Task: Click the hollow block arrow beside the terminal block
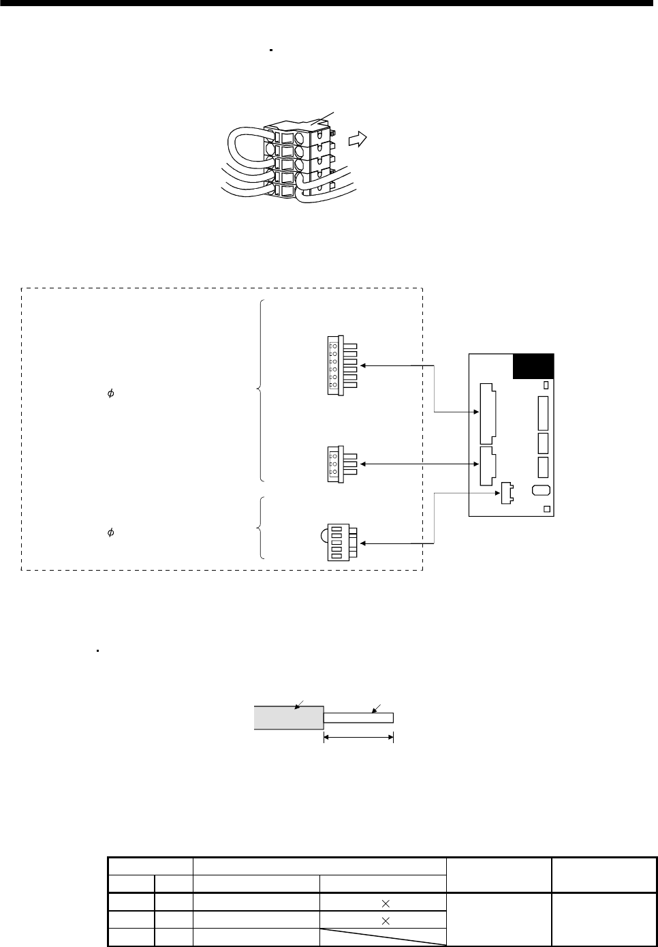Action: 356,140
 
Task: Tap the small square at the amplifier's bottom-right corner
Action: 546,509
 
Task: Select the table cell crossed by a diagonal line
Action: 383,937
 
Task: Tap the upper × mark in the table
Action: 386,903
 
